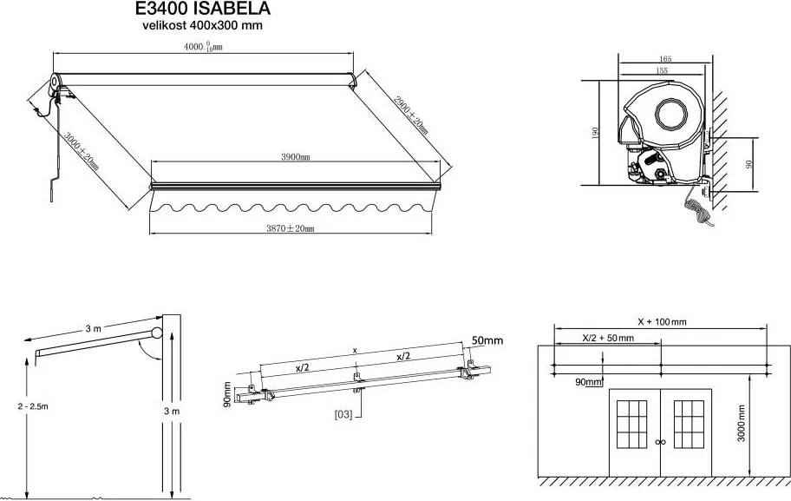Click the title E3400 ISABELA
click(203, 10)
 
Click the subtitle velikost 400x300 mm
click(203, 26)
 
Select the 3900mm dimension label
click(296, 157)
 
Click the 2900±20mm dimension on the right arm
click(411, 114)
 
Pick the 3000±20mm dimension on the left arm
click(82, 150)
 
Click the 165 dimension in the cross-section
click(665, 59)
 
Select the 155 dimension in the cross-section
click(661, 70)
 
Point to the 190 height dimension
click(596, 133)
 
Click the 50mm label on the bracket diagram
click(487, 341)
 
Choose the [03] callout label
click(343, 415)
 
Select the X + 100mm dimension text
click(662, 322)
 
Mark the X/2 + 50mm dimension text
click(607, 338)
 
